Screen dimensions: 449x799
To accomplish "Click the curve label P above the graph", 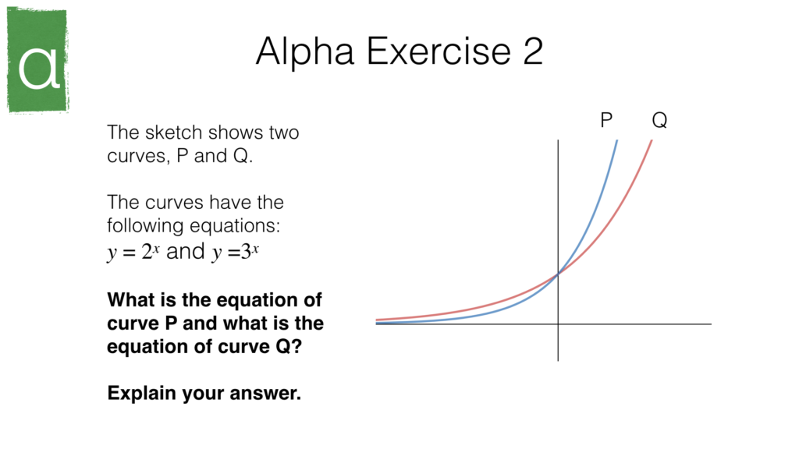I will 606,121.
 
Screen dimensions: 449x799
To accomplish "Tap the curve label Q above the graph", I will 659,121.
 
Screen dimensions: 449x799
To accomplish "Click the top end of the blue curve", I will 616,141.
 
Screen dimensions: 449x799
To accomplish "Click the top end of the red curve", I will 651,141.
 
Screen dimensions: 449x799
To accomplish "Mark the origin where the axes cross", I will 558,323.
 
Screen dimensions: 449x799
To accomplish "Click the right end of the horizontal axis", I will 709,323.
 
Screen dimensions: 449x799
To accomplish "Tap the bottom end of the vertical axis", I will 558,359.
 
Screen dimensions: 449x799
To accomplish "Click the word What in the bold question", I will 130,300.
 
